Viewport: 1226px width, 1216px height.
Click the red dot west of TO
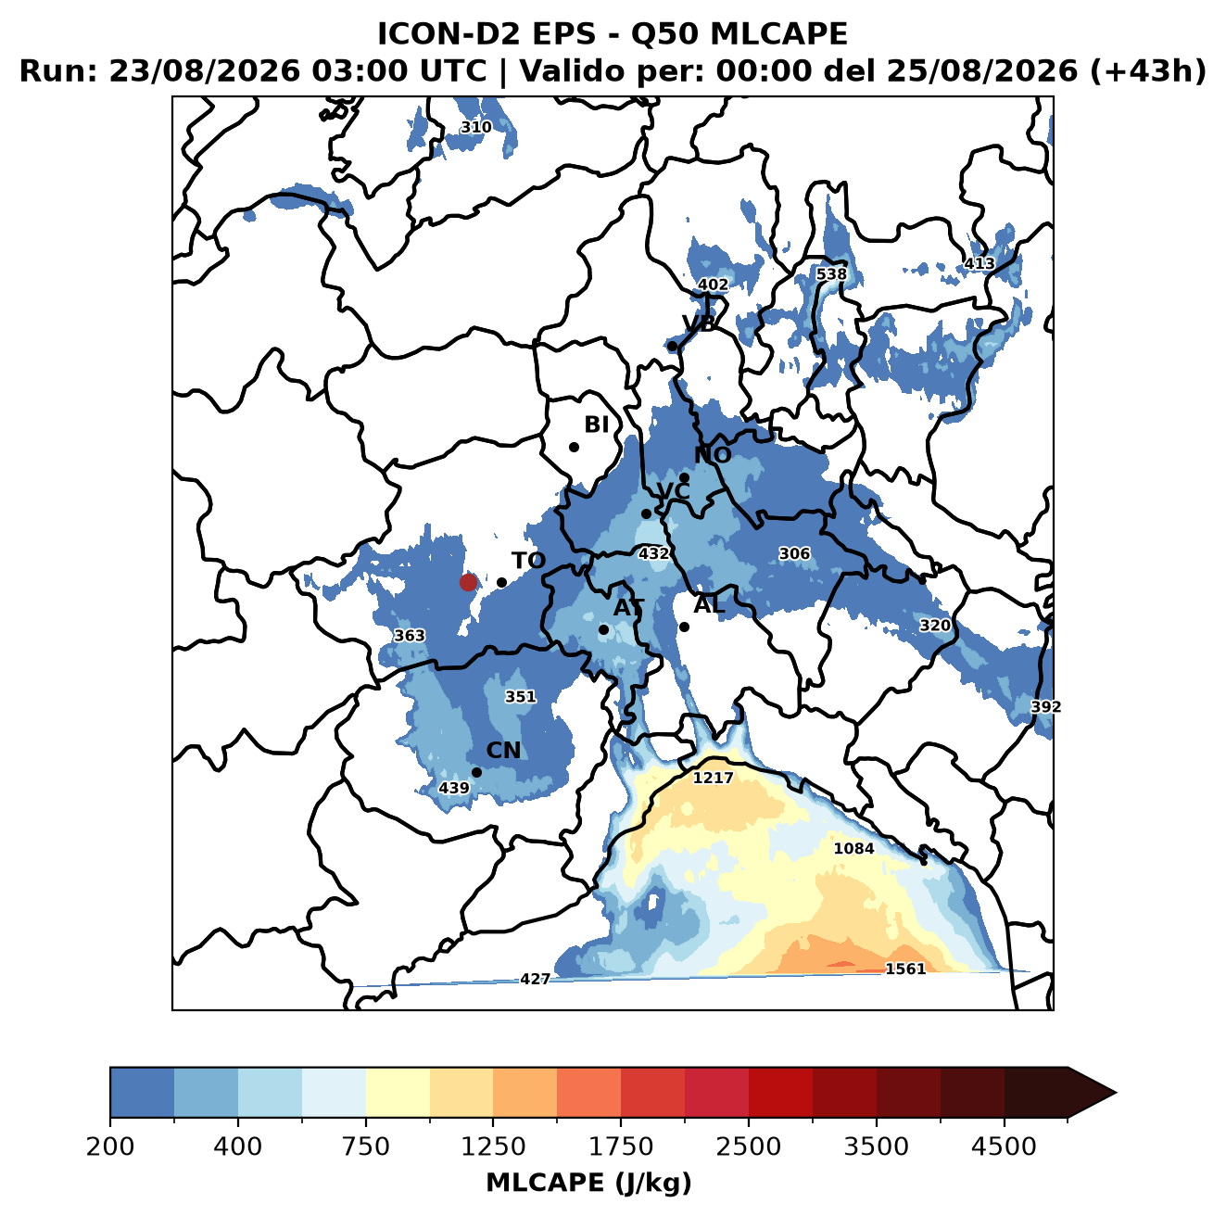[x=468, y=582]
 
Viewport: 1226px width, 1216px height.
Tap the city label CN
[x=503, y=751]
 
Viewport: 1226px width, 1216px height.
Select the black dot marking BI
[x=574, y=448]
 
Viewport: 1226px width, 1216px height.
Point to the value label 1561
[x=905, y=969]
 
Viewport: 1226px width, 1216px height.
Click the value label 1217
[x=713, y=778]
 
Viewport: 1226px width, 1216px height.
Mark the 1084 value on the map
[x=853, y=848]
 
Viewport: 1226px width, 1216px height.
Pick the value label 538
[x=831, y=273]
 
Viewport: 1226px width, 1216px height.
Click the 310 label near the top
[x=476, y=127]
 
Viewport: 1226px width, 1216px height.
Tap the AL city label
[x=709, y=604]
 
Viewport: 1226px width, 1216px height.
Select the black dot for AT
[x=604, y=630]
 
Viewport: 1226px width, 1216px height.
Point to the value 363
[x=410, y=636]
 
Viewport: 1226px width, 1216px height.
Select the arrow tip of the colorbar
[x=1116, y=1094]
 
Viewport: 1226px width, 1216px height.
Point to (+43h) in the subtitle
[x=1148, y=71]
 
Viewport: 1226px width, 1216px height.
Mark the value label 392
[x=1046, y=707]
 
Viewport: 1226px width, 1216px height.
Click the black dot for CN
[x=476, y=772]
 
